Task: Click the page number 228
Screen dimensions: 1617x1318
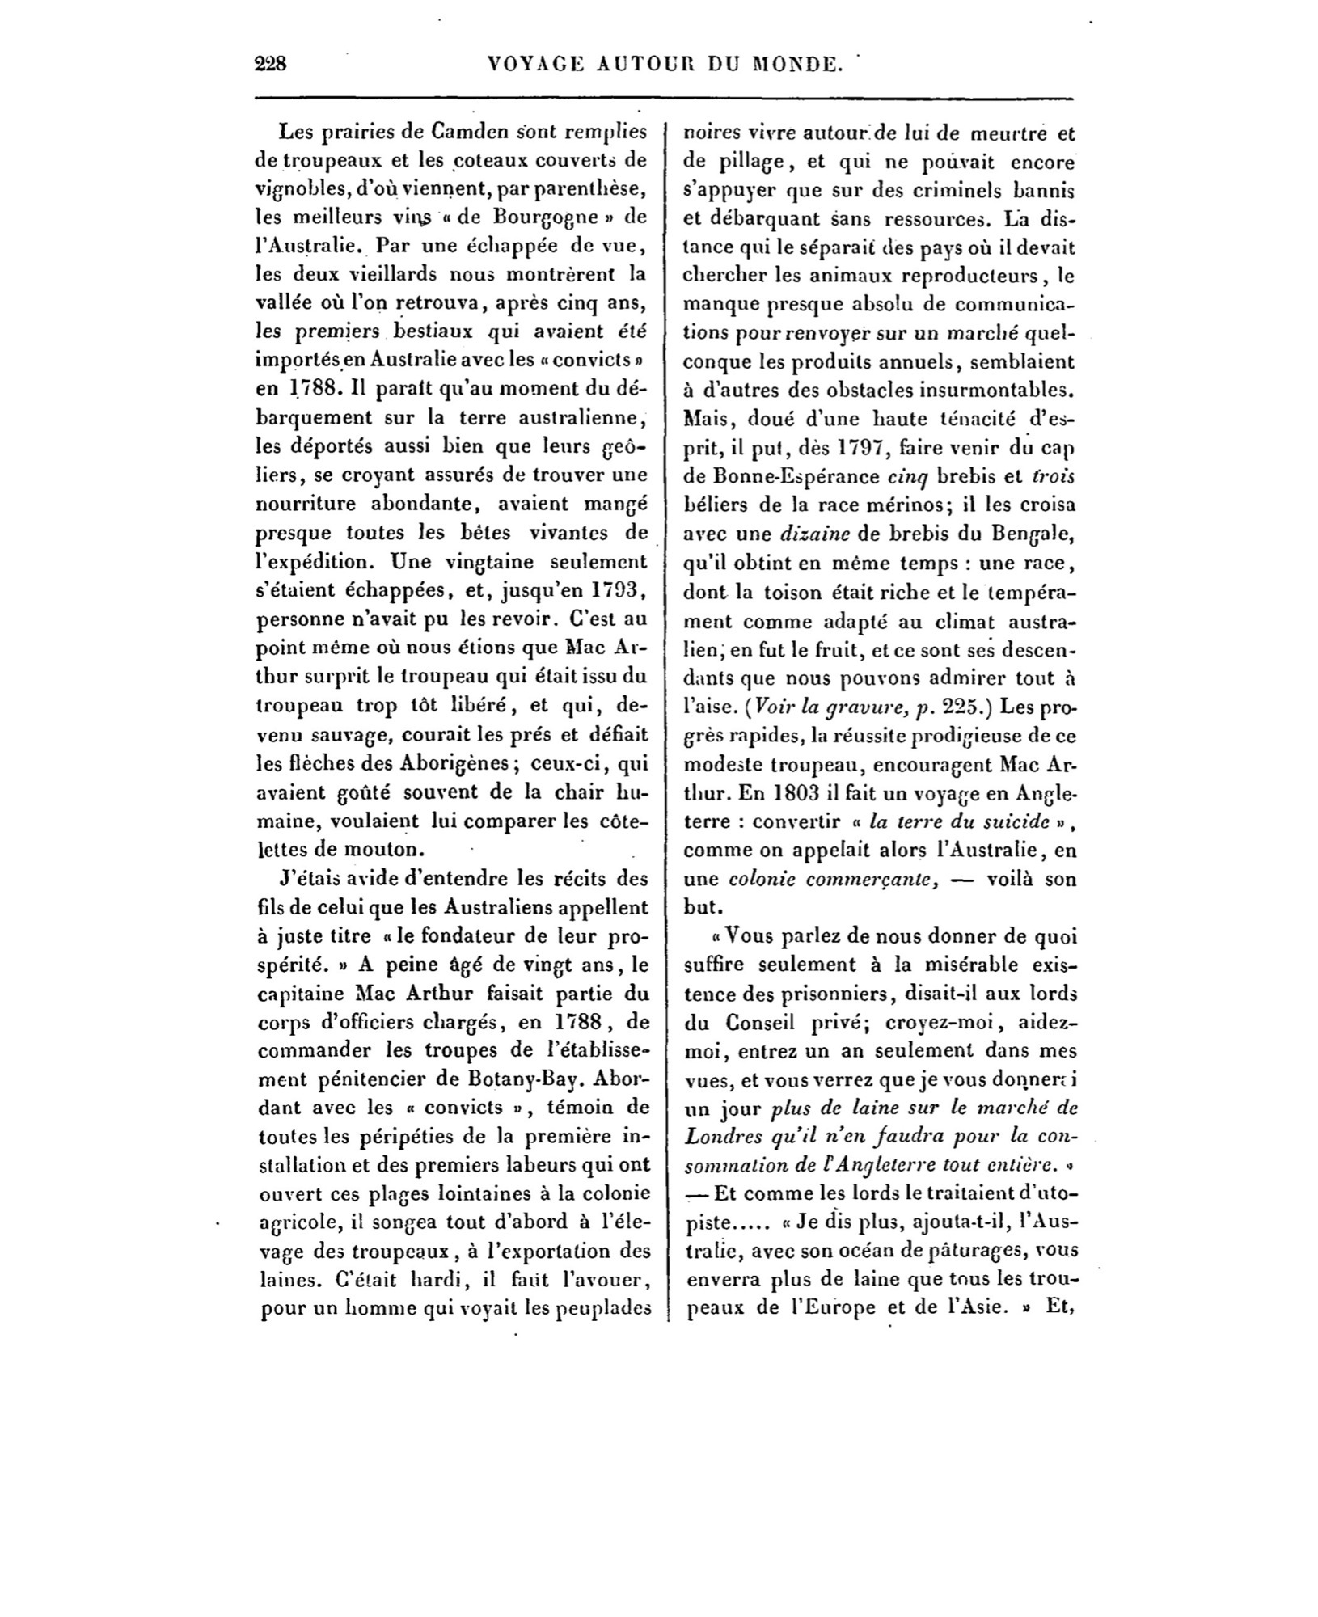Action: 271,65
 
